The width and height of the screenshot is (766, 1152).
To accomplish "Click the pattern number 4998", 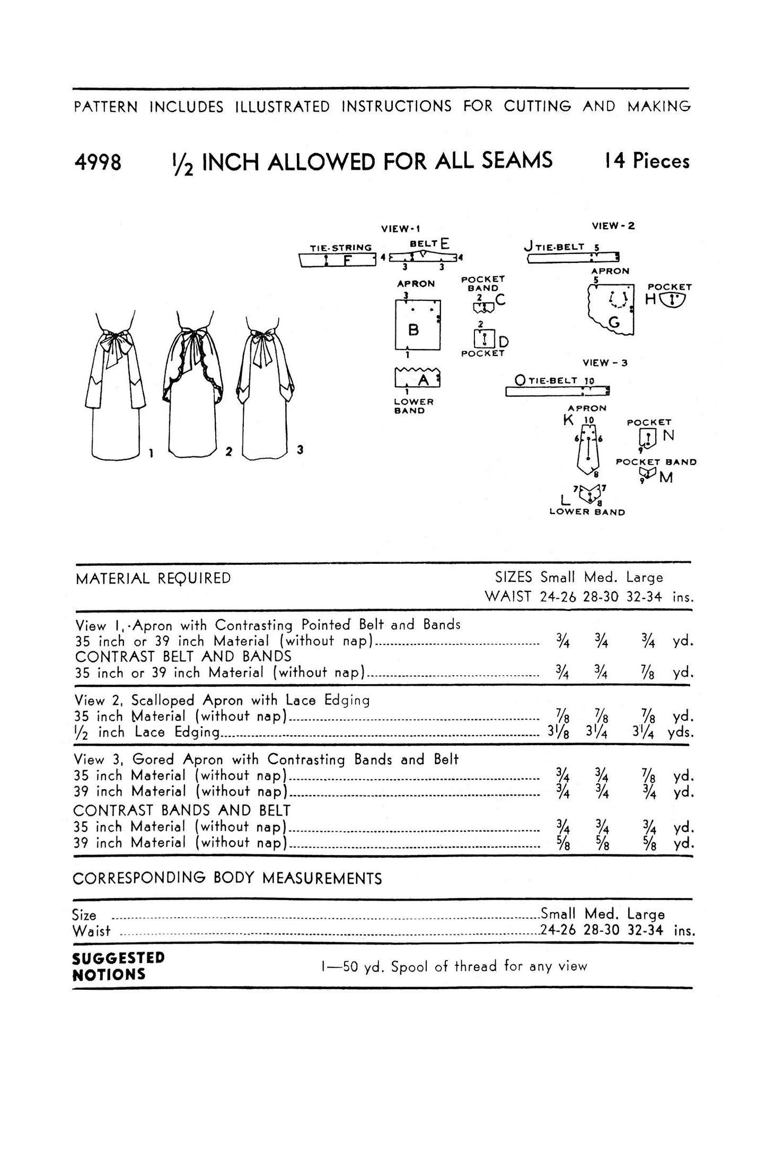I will [x=98, y=162].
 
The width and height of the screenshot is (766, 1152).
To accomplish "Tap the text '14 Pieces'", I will [x=647, y=161].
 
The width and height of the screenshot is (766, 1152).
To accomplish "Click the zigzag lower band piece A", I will [x=417, y=379].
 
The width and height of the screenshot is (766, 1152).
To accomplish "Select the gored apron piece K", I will [x=588, y=448].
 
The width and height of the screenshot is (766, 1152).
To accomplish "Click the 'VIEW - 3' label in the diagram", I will [x=605, y=363].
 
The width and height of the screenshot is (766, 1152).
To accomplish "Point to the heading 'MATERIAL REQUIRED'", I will [x=153, y=578].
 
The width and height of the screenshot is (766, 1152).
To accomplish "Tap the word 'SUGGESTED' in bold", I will [x=118, y=957].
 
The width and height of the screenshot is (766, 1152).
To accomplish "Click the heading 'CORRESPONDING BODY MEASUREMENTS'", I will [x=227, y=879].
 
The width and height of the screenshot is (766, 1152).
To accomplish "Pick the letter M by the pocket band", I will [x=666, y=478].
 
